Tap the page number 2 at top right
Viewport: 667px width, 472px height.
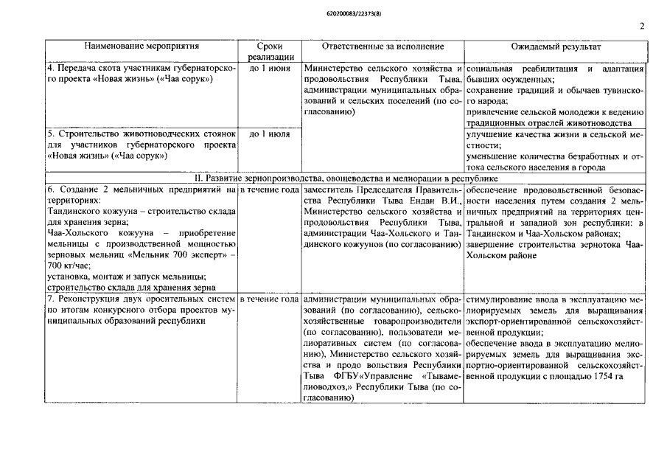643,27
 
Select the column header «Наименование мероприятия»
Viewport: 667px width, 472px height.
142,46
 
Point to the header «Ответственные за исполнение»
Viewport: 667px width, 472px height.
383,46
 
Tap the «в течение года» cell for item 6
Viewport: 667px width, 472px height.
270,191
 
